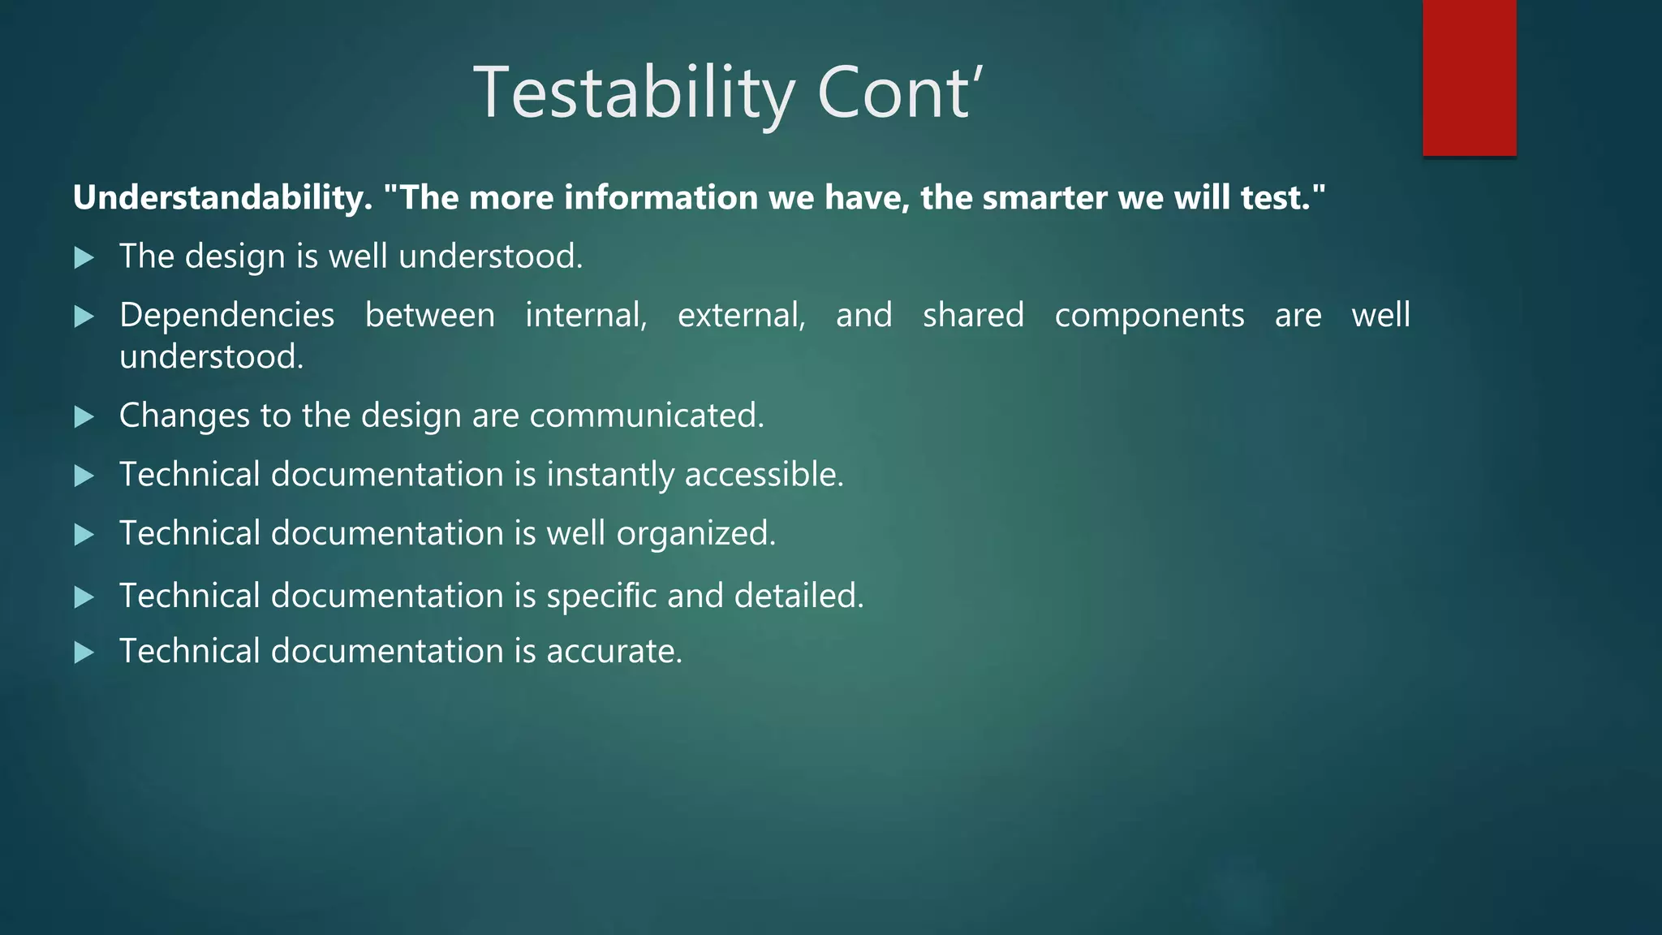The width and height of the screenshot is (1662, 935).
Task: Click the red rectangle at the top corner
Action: [x=1469, y=77]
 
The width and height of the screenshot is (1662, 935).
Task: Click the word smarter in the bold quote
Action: [x=1044, y=198]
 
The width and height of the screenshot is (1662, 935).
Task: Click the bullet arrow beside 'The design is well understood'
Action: [x=84, y=258]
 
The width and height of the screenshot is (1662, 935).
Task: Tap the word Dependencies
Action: [x=226, y=315]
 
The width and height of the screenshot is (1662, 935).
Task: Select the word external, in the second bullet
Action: [x=741, y=315]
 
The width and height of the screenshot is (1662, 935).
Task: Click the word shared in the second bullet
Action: [x=973, y=315]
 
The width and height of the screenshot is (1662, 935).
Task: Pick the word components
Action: [x=1149, y=315]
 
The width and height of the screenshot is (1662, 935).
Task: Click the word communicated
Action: [x=646, y=416]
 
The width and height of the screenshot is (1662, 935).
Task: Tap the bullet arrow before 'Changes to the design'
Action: [x=84, y=417]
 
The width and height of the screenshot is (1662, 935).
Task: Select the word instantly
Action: [x=609, y=475]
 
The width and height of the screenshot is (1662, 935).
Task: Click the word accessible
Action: [x=764, y=475]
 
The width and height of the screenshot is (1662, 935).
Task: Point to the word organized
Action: [x=695, y=534]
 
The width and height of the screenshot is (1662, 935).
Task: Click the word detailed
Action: [x=799, y=597]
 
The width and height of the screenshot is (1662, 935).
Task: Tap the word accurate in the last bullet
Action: [x=614, y=652]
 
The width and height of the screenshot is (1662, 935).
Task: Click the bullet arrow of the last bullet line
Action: [x=84, y=653]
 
